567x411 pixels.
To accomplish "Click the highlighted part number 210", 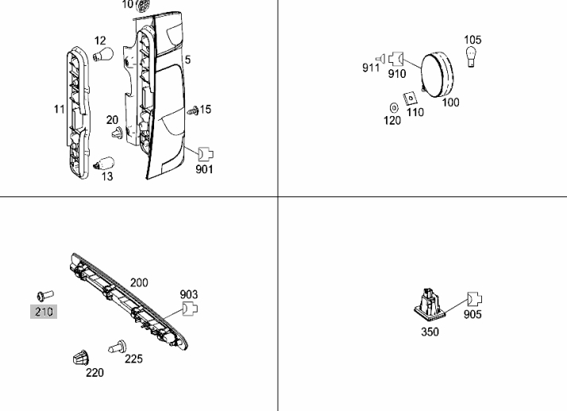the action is click(x=44, y=312).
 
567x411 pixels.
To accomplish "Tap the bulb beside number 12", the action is click(x=103, y=55).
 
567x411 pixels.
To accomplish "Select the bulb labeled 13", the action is click(x=104, y=163).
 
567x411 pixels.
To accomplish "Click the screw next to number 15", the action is click(x=193, y=111).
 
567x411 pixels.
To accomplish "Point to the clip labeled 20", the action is click(x=118, y=133).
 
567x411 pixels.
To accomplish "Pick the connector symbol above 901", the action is click(x=206, y=154).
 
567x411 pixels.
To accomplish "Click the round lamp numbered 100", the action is click(x=437, y=75).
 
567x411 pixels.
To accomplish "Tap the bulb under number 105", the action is click(x=470, y=57).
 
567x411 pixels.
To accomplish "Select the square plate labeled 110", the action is click(x=411, y=98).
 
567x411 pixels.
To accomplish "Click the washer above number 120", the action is click(x=394, y=108).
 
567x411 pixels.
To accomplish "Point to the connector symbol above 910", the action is click(x=396, y=58).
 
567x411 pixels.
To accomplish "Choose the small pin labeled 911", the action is click(x=380, y=58).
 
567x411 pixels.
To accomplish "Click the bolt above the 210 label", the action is click(x=45, y=295).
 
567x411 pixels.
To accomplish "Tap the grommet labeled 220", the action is click(x=81, y=358).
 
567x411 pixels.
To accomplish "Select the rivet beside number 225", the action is click(x=118, y=347).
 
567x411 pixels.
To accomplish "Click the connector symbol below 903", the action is click(x=190, y=308).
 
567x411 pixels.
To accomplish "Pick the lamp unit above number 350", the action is click(x=430, y=306).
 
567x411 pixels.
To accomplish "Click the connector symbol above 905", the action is click(x=474, y=299).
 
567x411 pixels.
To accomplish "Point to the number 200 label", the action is click(x=139, y=283).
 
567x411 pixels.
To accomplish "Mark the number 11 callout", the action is click(x=60, y=110).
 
